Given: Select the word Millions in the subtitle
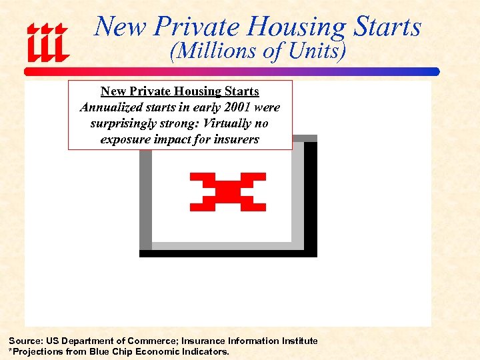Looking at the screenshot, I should pyautogui.click(x=211, y=51).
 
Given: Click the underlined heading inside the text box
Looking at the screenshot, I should pyautogui.click(x=180, y=91).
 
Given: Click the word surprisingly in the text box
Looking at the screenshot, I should pyautogui.click(x=123, y=123).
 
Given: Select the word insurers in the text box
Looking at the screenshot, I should pyautogui.click(x=235, y=139).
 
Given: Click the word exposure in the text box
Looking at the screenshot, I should pyautogui.click(x=125, y=139).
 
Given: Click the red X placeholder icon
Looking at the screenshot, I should pyautogui.click(x=228, y=192).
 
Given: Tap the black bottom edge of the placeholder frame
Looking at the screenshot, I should pyautogui.click(x=228, y=253).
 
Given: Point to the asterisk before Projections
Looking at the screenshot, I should pyautogui.click(x=10, y=351).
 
